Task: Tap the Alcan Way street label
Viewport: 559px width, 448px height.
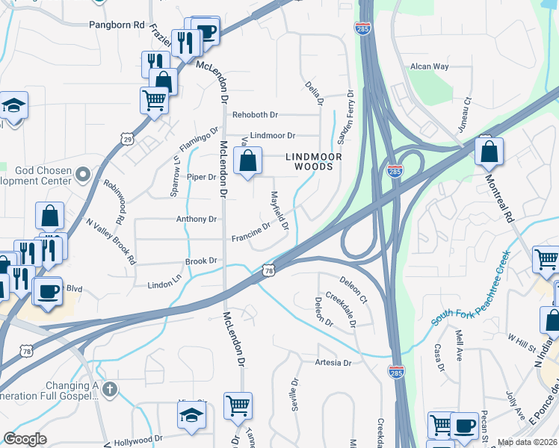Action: (429, 66)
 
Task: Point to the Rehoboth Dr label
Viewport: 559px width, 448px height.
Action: (255, 115)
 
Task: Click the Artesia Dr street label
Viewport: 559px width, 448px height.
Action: (332, 363)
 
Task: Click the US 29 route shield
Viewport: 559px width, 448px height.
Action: (128, 139)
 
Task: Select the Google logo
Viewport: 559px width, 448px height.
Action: (25, 438)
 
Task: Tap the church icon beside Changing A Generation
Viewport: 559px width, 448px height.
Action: (110, 389)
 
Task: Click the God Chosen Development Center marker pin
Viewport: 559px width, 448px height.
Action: (83, 175)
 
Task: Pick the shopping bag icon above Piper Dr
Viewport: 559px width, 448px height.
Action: (247, 160)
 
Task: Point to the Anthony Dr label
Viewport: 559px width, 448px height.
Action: (196, 220)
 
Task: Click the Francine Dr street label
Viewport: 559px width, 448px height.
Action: (250, 233)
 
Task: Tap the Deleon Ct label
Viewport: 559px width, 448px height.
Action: (353, 288)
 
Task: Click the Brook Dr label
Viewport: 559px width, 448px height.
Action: (201, 261)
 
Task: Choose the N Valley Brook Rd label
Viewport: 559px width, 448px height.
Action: (111, 241)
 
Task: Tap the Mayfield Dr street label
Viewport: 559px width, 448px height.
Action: (279, 210)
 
